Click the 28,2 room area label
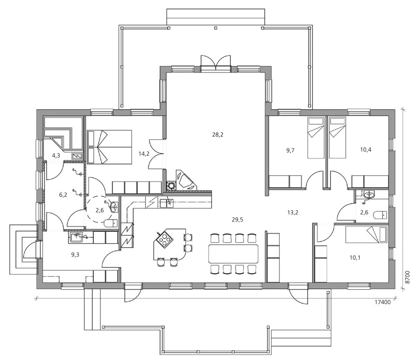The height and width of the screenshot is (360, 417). (218, 135)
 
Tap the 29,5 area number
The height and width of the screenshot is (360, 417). (237, 219)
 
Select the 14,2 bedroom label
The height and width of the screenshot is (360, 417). (144, 154)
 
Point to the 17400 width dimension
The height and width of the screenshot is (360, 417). (382, 302)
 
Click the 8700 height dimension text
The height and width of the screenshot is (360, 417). (408, 277)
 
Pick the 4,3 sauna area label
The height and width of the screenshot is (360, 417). (56, 155)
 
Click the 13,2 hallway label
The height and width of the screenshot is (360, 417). (293, 212)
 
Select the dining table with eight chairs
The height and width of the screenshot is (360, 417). (233, 254)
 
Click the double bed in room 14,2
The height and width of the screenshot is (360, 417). (109, 147)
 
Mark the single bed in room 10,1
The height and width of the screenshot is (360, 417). (366, 235)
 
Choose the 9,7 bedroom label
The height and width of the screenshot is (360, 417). (290, 150)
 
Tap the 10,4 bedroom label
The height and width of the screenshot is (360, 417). (366, 149)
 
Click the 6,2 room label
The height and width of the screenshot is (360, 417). (63, 195)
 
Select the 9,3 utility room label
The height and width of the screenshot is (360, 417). (75, 254)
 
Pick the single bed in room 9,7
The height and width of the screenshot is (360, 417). (316, 138)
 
